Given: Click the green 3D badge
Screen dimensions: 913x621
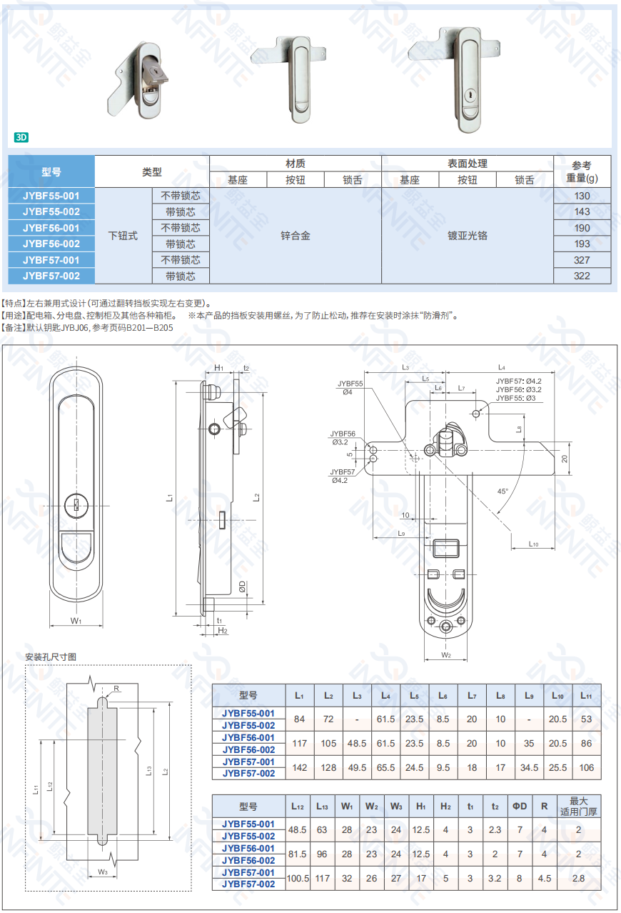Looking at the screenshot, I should tap(21, 137).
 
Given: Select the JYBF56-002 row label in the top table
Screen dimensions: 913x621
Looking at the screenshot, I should tap(51, 244).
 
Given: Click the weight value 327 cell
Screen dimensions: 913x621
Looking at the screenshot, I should tap(582, 260).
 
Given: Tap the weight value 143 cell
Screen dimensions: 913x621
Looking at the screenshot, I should tap(582, 211).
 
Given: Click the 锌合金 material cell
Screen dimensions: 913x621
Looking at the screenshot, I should tap(296, 235).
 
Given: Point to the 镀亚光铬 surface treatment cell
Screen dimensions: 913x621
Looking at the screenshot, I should tap(468, 235).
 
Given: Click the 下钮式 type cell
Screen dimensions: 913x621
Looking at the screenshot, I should tap(123, 235).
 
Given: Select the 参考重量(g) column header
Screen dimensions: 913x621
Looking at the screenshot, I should tap(582, 171).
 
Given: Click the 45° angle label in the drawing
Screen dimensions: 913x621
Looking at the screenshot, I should tap(503, 491).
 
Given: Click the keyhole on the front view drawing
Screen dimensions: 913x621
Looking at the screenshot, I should tap(76, 505).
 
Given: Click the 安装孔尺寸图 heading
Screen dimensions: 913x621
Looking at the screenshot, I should tap(51, 657).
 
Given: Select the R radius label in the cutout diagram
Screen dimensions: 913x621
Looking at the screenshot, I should tap(116, 689).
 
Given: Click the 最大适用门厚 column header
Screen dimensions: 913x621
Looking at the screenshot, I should tap(579, 806).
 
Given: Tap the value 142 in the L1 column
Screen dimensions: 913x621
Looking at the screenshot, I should tap(299, 768).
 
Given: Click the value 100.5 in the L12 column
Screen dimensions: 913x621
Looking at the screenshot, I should tap(298, 878).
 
